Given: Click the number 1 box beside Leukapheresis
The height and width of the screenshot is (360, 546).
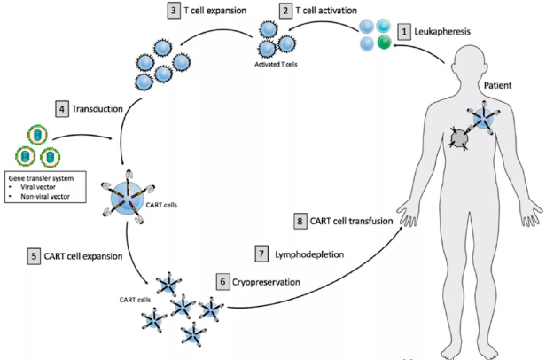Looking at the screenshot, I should [x=404, y=32].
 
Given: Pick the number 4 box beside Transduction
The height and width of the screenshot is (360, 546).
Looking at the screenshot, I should [x=62, y=109].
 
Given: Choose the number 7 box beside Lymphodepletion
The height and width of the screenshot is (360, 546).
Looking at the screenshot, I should [x=262, y=253].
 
